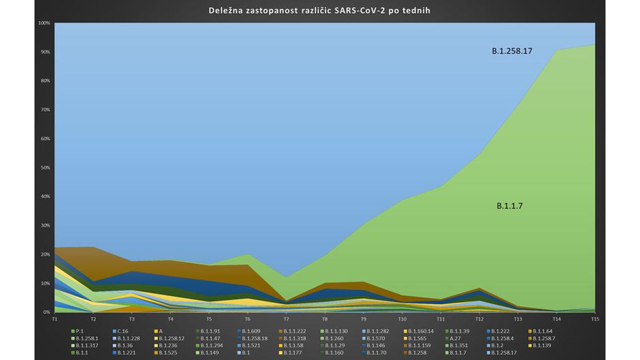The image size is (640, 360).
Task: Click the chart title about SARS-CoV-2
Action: (x=319, y=11)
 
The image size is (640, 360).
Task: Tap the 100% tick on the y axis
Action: (x=44, y=22)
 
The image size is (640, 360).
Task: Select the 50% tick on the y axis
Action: (x=45, y=167)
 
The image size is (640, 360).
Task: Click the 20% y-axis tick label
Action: (x=45, y=254)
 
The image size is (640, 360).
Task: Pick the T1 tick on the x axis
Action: (x=54, y=318)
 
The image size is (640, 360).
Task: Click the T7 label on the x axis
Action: (x=287, y=318)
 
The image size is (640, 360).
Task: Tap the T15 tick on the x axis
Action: (x=595, y=318)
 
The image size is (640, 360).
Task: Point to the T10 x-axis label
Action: (x=402, y=318)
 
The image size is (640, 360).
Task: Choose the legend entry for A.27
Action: (x=455, y=338)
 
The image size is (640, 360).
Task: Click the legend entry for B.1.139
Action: (x=542, y=345)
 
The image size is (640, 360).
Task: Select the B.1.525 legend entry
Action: (x=167, y=353)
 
